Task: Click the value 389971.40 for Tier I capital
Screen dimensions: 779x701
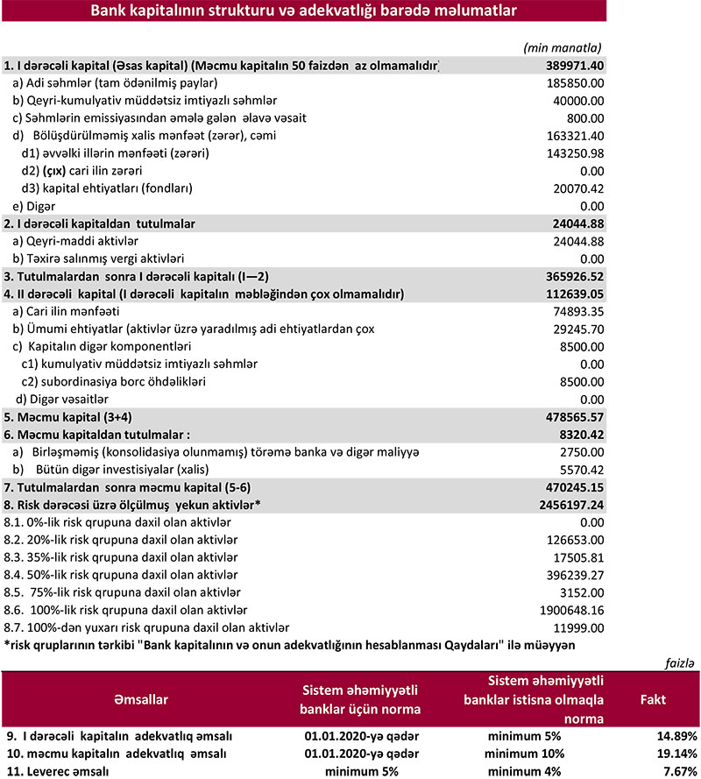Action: click(x=574, y=66)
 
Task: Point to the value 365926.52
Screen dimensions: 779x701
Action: click(x=574, y=276)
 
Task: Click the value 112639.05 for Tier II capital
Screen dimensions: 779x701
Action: click(x=574, y=294)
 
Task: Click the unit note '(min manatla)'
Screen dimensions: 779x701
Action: click(x=562, y=47)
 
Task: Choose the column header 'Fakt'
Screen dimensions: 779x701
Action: click(x=658, y=700)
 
